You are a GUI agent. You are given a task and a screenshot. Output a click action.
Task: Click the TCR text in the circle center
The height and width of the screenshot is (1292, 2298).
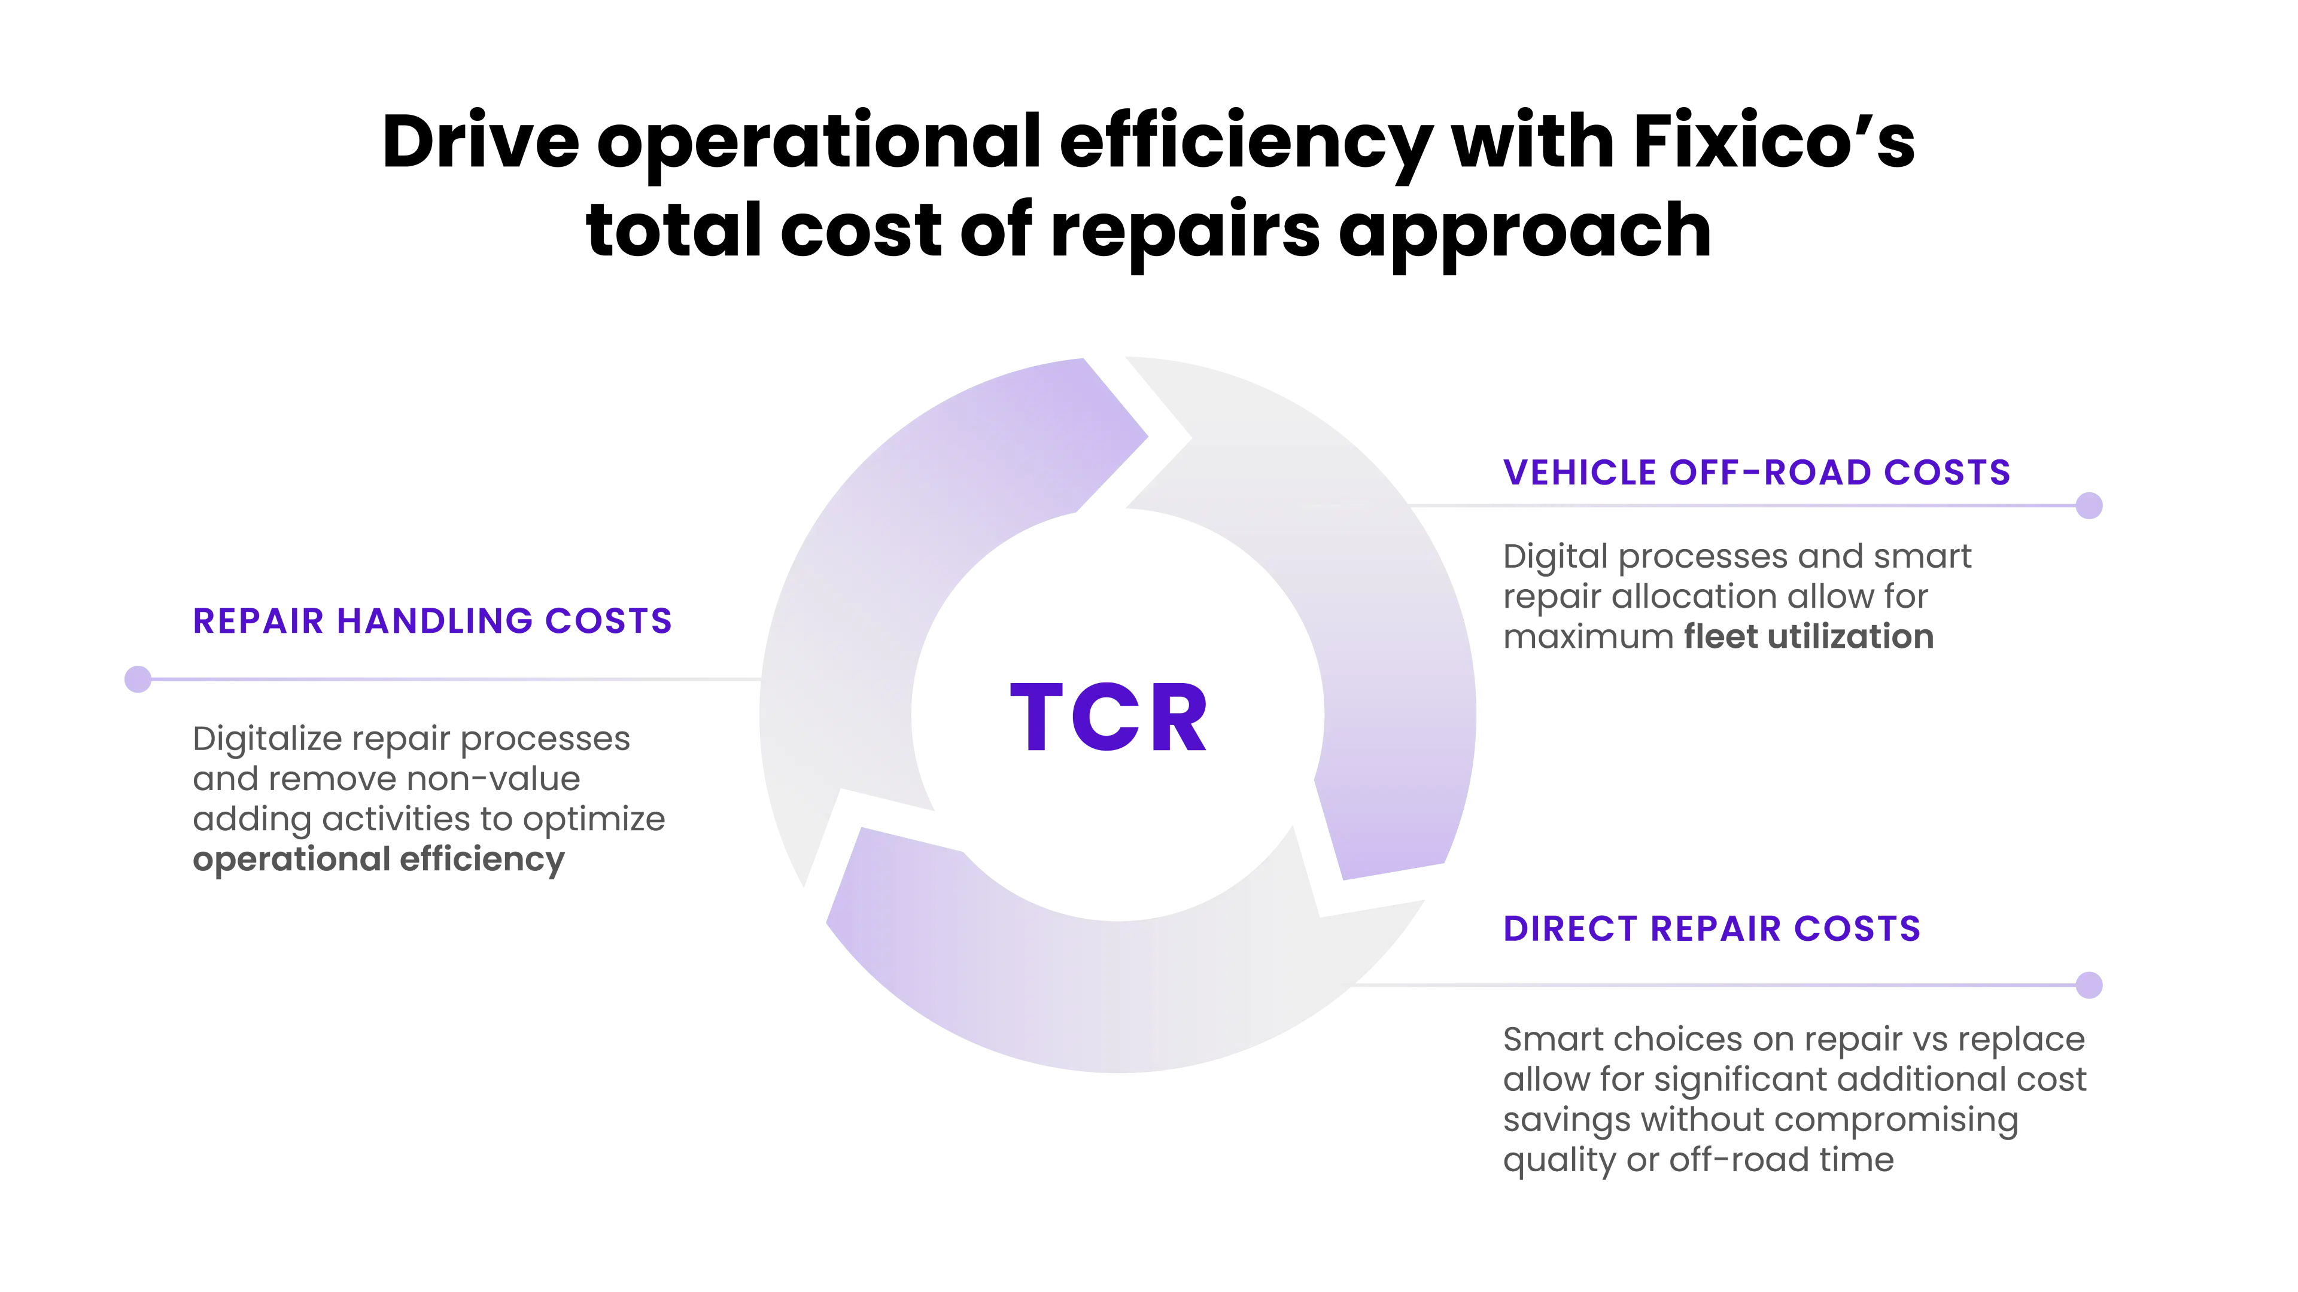(x=1109, y=718)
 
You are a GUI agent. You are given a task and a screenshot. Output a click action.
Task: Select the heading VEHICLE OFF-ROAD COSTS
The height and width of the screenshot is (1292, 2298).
(x=1756, y=473)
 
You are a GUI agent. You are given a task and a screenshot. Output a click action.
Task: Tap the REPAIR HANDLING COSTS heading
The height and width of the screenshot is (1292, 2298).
(x=433, y=621)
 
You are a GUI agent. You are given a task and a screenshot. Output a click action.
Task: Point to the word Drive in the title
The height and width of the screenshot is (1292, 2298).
(x=481, y=142)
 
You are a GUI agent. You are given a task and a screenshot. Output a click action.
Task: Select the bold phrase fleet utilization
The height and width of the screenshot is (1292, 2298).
(x=1808, y=636)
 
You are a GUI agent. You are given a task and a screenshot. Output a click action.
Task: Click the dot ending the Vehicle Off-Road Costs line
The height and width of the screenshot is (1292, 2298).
(x=2089, y=505)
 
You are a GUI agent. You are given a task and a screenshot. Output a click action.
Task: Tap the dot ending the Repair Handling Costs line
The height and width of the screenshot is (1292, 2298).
(x=138, y=679)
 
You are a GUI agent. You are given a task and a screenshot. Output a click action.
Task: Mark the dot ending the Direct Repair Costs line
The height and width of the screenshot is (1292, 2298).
(x=2089, y=985)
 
